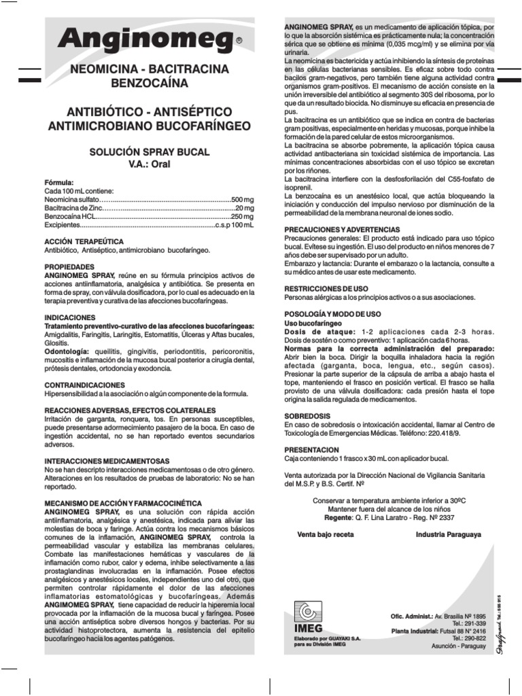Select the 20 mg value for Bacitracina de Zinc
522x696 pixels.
(x=244, y=208)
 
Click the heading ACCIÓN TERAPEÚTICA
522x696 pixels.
(x=84, y=241)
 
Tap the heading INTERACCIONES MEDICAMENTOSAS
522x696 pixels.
(x=107, y=461)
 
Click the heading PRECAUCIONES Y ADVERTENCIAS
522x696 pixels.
(x=341, y=230)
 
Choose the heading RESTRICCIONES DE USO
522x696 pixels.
(x=326, y=288)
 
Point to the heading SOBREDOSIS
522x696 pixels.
(x=307, y=415)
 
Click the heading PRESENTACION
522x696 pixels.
(x=311, y=449)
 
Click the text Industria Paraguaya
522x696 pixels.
(x=448, y=535)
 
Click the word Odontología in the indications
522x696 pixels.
(x=66, y=343)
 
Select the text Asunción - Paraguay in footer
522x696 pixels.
(x=458, y=646)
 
